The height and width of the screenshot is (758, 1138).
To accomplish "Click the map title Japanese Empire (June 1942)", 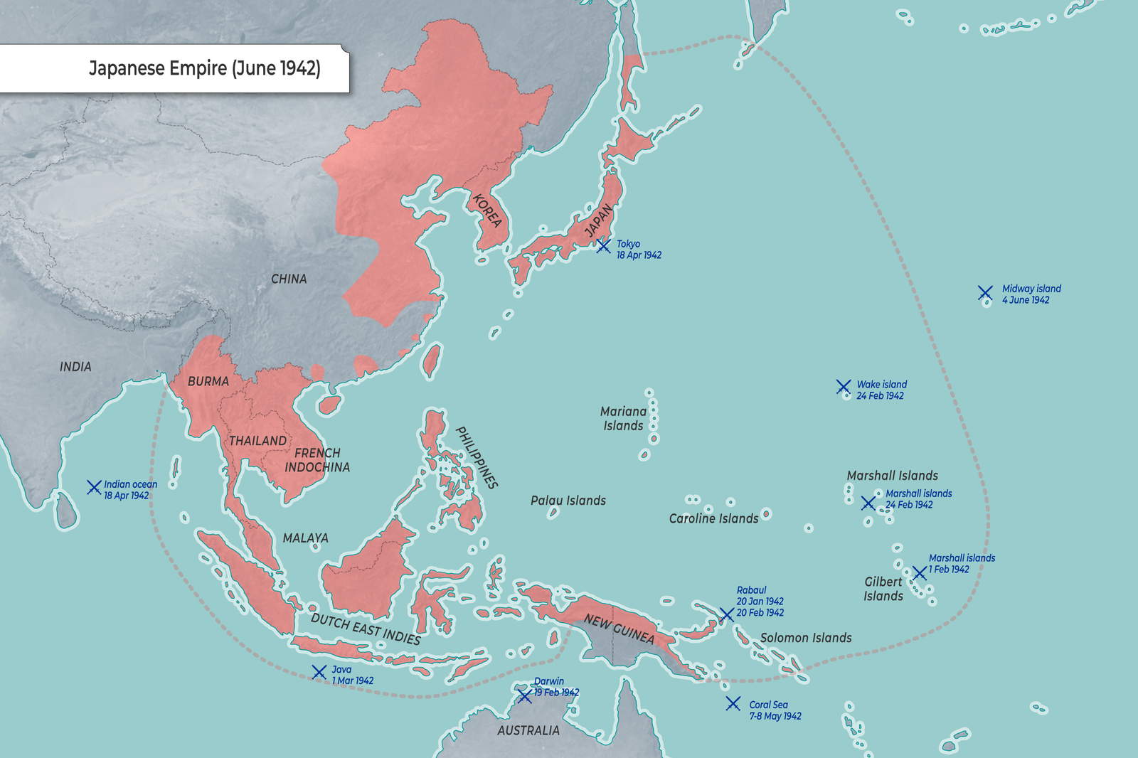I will pyautogui.click(x=204, y=68).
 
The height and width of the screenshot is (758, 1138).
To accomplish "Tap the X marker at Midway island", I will pyautogui.click(x=985, y=293).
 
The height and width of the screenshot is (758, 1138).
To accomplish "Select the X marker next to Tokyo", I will pyautogui.click(x=603, y=246).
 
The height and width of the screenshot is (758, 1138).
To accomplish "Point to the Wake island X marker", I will pyautogui.click(x=844, y=387).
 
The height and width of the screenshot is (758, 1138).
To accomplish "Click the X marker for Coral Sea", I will pyautogui.click(x=733, y=703).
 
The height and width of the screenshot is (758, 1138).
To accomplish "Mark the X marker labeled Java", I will pyautogui.click(x=319, y=672).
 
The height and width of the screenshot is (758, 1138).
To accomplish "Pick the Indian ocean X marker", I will pyautogui.click(x=94, y=487).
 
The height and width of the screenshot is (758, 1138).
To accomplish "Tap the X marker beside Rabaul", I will pyautogui.click(x=726, y=614).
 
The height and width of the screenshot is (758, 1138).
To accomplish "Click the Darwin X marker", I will pyautogui.click(x=524, y=696).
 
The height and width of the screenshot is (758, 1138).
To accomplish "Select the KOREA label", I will pyautogui.click(x=487, y=210).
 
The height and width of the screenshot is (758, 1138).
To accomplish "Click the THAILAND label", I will pyautogui.click(x=257, y=441).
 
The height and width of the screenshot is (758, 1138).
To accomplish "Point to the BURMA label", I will pyautogui.click(x=208, y=382).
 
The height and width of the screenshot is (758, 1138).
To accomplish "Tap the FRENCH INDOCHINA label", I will pyautogui.click(x=317, y=460).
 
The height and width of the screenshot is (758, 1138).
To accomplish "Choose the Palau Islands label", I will pyautogui.click(x=568, y=501).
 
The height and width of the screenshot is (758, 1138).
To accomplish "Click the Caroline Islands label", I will pyautogui.click(x=713, y=518).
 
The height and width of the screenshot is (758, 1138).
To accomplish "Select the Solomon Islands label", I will pyautogui.click(x=806, y=638).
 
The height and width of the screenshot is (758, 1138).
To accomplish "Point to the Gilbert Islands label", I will pyautogui.click(x=883, y=589).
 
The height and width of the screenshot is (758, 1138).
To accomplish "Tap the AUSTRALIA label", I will pyautogui.click(x=528, y=730).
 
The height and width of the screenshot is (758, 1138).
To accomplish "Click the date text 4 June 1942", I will pyautogui.click(x=1026, y=300).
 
